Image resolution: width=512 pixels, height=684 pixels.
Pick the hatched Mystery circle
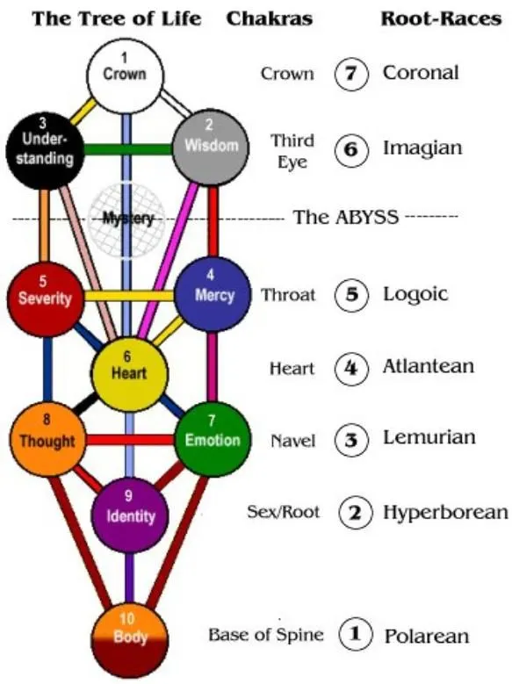[x=125, y=218]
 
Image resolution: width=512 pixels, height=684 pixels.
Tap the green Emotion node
[x=208, y=438]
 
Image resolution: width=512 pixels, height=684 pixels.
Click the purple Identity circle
[x=129, y=514]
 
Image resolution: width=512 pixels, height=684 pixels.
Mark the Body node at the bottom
[x=129, y=634]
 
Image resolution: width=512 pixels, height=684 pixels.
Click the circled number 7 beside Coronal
[x=350, y=74]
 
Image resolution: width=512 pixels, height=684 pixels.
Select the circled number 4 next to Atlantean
[x=350, y=368]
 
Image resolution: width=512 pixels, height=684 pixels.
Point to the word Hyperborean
[x=445, y=513]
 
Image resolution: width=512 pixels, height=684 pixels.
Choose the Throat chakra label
[x=287, y=295]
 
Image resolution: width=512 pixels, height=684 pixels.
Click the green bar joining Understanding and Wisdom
[x=125, y=149]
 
